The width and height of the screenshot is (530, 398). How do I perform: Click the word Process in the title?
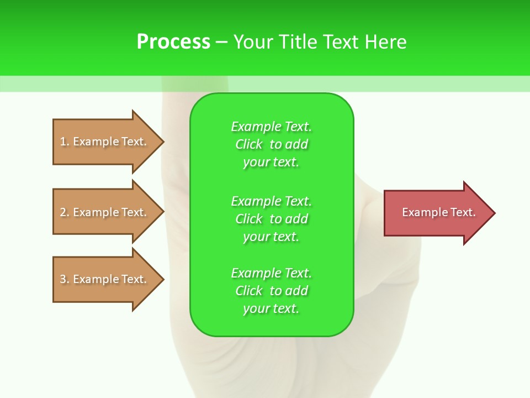tap(173, 42)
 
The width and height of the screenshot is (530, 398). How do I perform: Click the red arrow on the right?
tap(436, 213)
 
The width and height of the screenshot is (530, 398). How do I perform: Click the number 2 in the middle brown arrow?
tap(63, 212)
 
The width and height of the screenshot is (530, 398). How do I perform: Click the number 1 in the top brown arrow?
tap(63, 142)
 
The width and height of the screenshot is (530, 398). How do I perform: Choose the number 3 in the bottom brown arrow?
tap(63, 279)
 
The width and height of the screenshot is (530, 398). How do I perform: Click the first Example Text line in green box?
tap(271, 127)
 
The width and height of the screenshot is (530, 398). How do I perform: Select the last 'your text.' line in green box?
tap(271, 308)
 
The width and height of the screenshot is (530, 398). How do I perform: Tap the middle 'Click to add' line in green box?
tap(271, 219)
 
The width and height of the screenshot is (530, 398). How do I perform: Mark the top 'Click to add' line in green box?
tap(271, 144)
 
